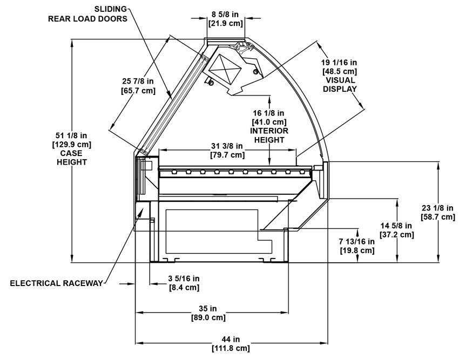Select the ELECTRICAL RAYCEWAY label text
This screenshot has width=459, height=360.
point(56,283)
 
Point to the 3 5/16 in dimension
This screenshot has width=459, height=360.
point(181,278)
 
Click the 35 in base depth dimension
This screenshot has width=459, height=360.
point(211,308)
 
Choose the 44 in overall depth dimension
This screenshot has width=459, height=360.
point(231,339)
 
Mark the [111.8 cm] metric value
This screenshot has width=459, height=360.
point(231,348)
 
